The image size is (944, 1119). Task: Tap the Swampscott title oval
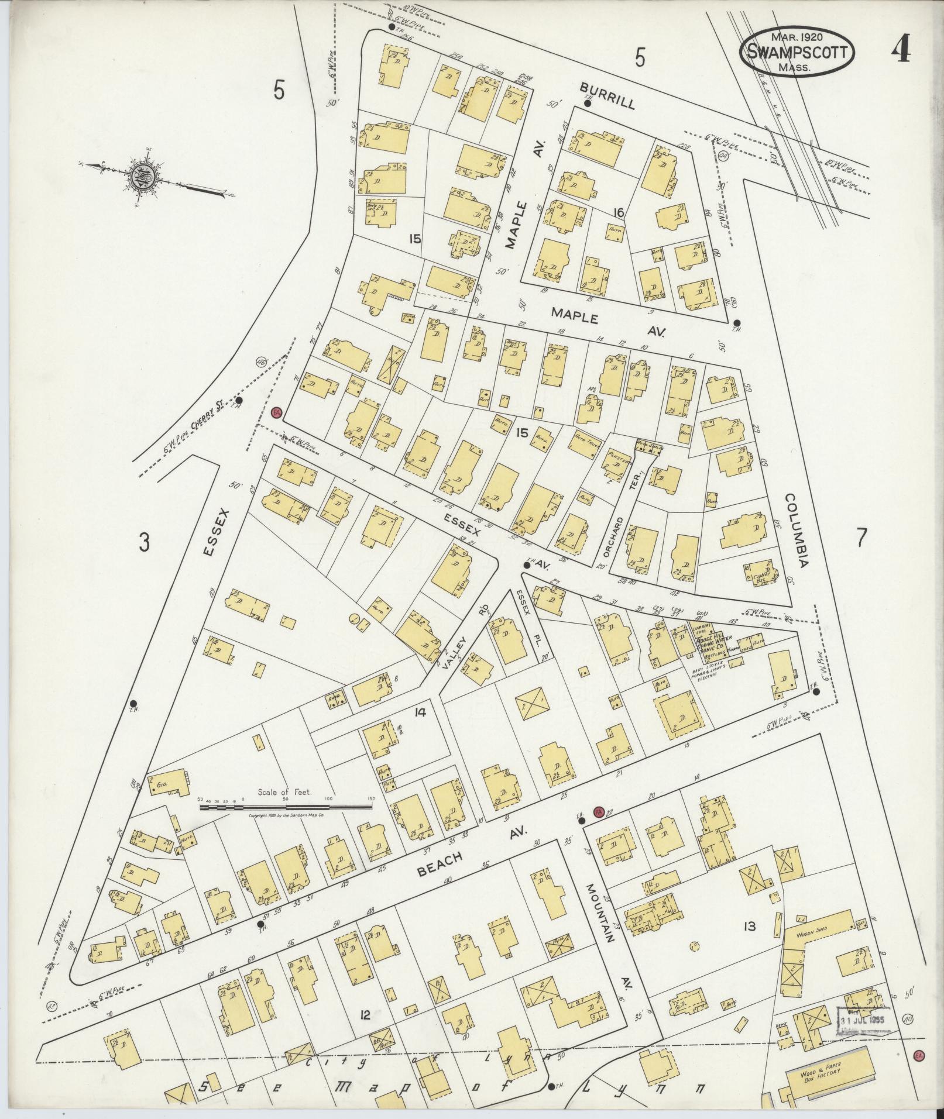[797, 53]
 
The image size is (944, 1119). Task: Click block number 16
[618, 212]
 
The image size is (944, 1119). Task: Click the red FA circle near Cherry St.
[277, 413]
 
